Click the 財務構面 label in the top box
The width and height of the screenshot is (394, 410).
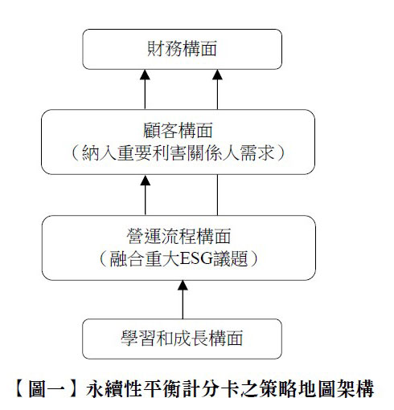tap(182, 49)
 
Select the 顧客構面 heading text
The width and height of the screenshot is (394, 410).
tap(178, 131)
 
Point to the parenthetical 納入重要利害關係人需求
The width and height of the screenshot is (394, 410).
tap(178, 153)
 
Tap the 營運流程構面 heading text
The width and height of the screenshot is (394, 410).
tap(179, 236)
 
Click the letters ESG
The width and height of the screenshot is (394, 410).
tap(196, 259)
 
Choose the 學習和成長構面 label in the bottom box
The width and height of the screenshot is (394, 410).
tap(182, 338)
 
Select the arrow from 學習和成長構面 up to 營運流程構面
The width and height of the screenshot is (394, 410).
tap(183, 299)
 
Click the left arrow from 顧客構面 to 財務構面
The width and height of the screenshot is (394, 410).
tap(145, 89)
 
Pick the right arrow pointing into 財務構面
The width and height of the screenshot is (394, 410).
tap(217, 89)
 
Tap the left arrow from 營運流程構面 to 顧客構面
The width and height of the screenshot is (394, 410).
tap(146, 195)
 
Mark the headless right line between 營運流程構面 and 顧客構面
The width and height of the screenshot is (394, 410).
tap(217, 195)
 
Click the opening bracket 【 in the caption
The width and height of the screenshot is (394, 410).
tap(21, 388)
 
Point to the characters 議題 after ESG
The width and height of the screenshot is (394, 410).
tap(230, 259)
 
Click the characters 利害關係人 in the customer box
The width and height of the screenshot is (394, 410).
tap(195, 153)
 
